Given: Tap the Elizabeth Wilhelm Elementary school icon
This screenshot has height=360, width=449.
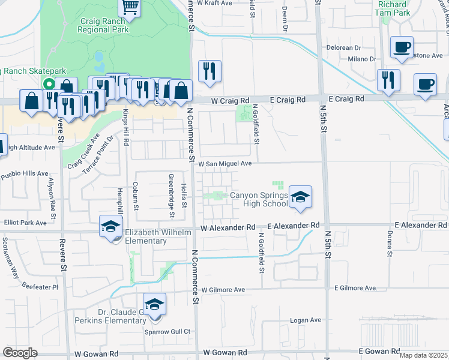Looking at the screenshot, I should click(x=110, y=226).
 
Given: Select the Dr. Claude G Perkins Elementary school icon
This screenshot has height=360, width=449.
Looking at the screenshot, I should click(x=154, y=304).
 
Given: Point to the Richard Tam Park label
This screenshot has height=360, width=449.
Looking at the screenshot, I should click(x=393, y=8).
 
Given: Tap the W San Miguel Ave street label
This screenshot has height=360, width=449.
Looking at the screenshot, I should click(x=224, y=163).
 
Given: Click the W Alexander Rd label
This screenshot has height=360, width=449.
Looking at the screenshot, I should click(x=228, y=228).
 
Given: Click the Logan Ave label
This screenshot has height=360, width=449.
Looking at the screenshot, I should click(x=306, y=320).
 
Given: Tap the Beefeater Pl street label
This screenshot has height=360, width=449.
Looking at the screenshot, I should click(x=38, y=287).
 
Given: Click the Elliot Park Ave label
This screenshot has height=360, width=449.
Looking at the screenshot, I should click(x=23, y=223).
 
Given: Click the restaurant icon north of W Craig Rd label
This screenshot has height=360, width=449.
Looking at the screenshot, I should click(x=209, y=71).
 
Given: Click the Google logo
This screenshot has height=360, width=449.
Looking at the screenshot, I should click(x=20, y=353).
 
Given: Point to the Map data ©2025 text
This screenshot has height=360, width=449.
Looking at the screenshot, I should click(x=423, y=355).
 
